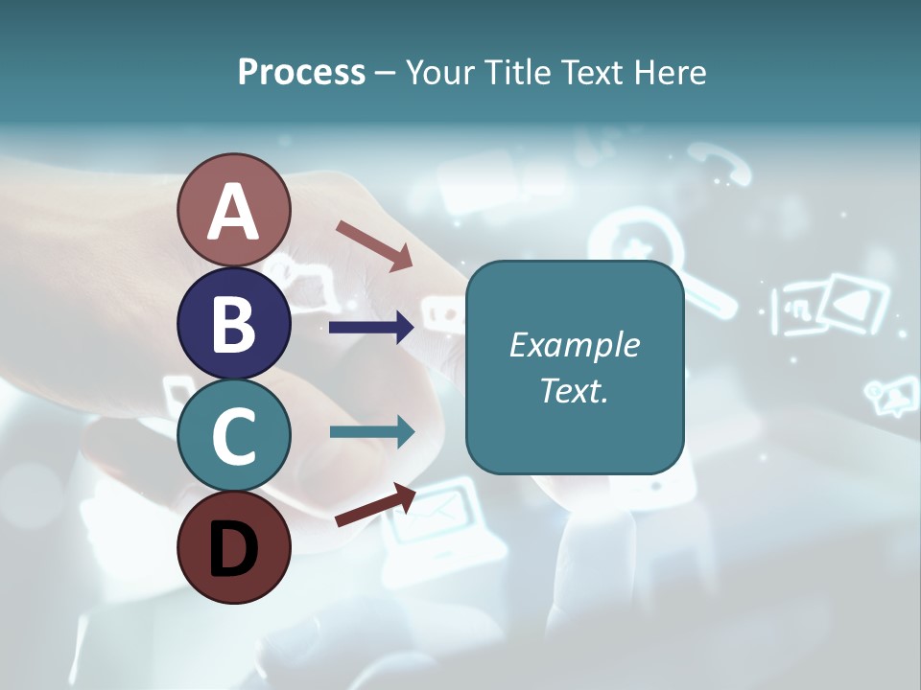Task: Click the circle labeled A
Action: (x=233, y=210)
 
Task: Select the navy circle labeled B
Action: (x=233, y=324)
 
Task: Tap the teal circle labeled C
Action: (x=233, y=435)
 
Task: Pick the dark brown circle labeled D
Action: (x=233, y=547)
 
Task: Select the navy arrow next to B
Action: (x=371, y=328)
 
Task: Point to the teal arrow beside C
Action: (x=371, y=431)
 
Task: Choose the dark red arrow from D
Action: (x=375, y=506)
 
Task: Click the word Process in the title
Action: (x=301, y=72)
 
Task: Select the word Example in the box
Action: (x=574, y=345)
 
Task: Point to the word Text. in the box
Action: (x=574, y=390)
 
